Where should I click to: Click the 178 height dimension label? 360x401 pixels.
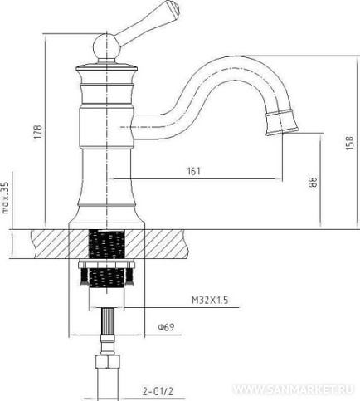coord(38,132)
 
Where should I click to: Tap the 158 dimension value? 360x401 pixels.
coord(349,143)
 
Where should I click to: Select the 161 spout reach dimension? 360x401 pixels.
coord(194,171)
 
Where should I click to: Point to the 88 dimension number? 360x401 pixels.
coord(313,182)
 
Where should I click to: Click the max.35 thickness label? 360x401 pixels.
coord(6,198)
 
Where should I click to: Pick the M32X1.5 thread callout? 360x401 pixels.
coord(210,300)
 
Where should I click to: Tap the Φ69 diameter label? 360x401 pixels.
coord(166,327)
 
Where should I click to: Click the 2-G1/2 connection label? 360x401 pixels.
coord(158,391)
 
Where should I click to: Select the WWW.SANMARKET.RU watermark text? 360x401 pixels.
coord(294,389)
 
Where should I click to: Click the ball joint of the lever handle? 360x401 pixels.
coord(106,46)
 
